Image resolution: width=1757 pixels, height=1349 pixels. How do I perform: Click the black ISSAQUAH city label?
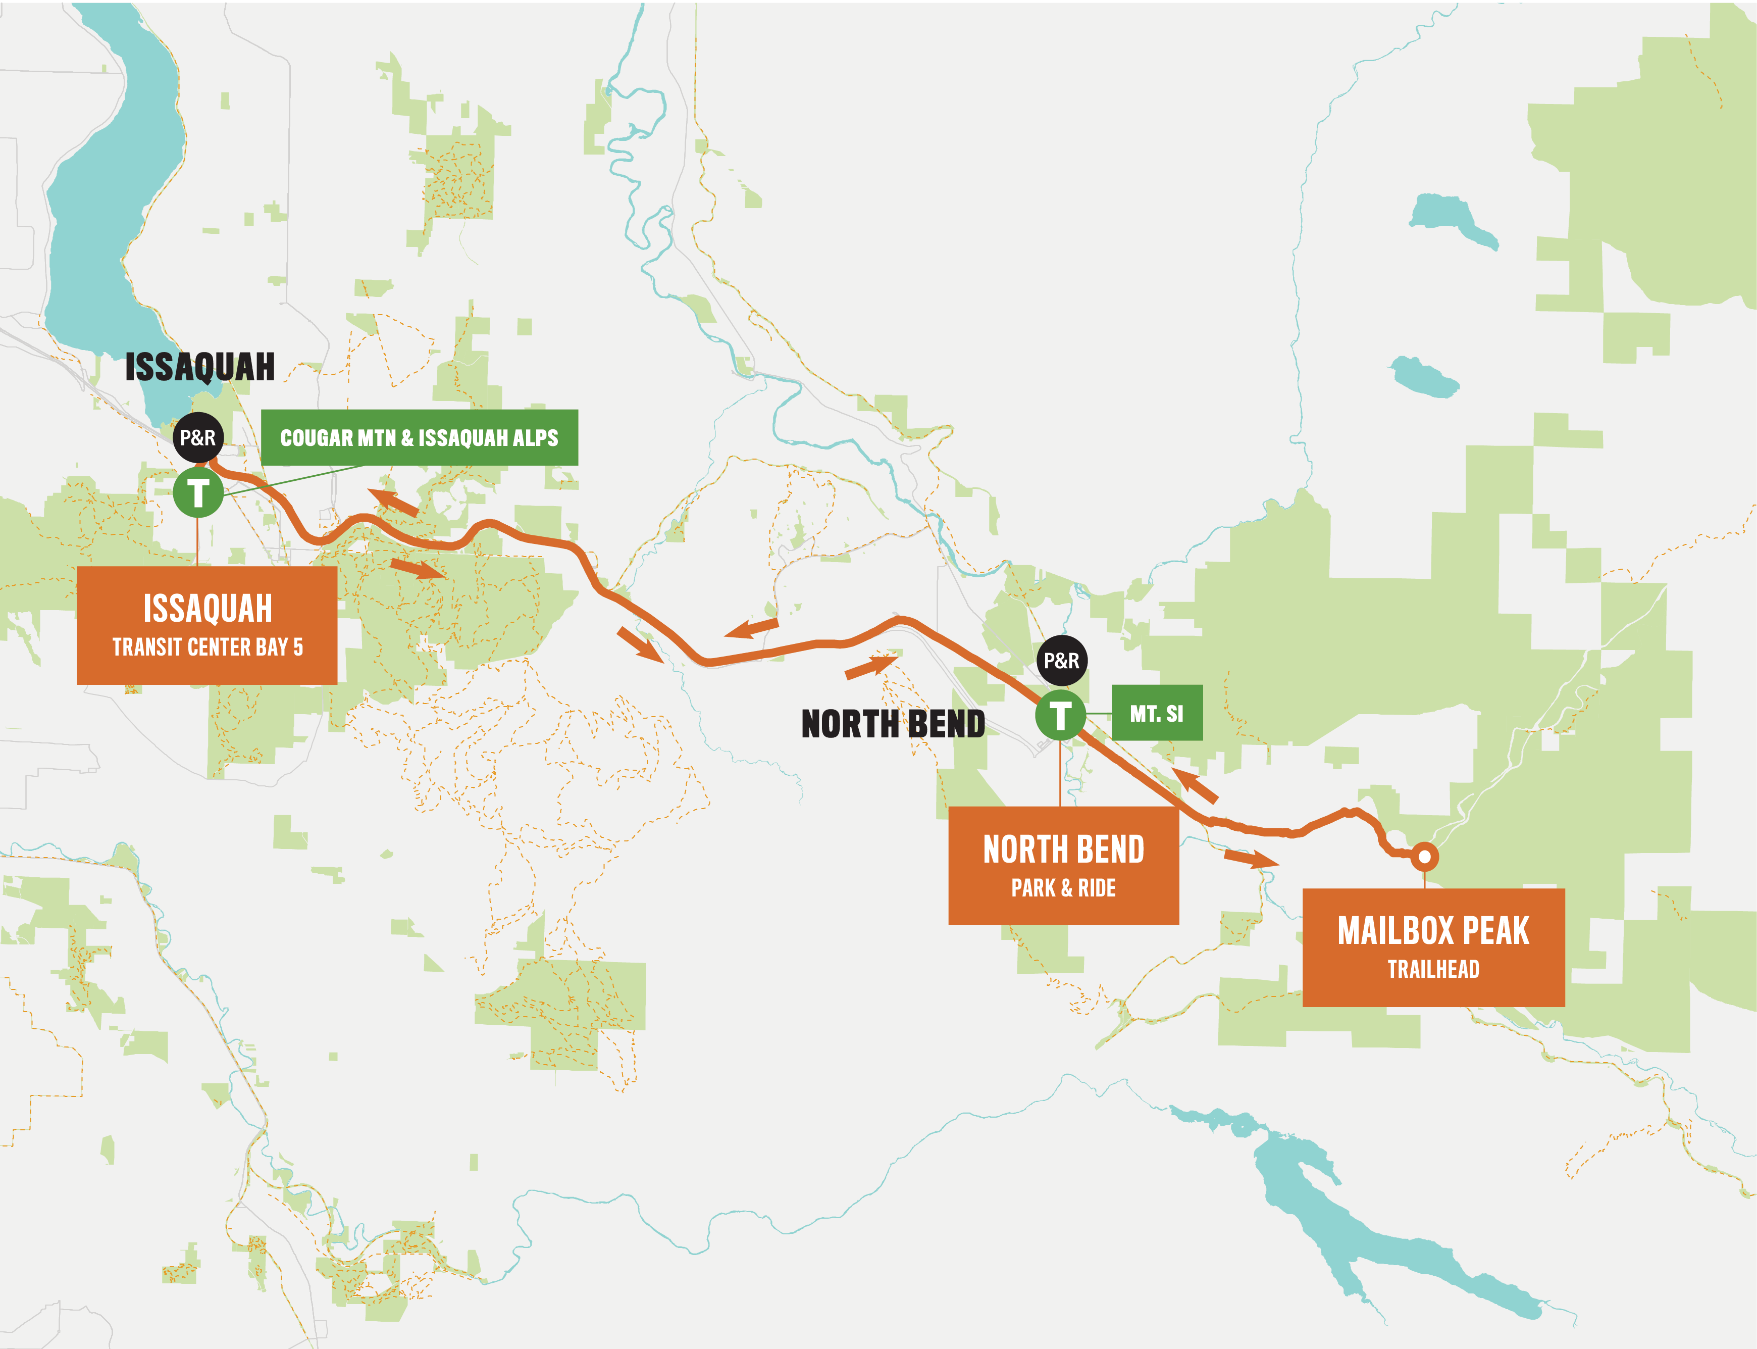[200, 367]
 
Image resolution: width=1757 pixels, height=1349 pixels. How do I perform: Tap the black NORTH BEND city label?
[893, 723]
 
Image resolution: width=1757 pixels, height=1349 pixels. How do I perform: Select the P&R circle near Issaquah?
[197, 437]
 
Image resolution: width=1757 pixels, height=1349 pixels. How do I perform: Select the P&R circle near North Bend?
[1061, 661]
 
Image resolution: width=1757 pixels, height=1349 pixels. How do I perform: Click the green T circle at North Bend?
[1060, 715]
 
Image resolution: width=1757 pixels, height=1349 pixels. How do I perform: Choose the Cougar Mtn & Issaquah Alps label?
[419, 437]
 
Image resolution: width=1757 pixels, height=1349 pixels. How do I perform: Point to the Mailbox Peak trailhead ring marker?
[1424, 857]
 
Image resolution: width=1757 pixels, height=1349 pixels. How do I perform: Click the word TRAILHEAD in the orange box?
[1433, 969]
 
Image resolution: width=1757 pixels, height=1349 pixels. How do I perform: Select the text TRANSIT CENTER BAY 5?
[207, 647]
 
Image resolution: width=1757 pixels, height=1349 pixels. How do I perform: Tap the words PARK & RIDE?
[1063, 888]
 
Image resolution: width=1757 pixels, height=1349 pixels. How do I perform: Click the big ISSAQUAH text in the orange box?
[207, 608]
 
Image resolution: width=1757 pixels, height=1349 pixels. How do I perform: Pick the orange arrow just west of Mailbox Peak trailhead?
[1250, 859]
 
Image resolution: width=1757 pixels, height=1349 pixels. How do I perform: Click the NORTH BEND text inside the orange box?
[1063, 850]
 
